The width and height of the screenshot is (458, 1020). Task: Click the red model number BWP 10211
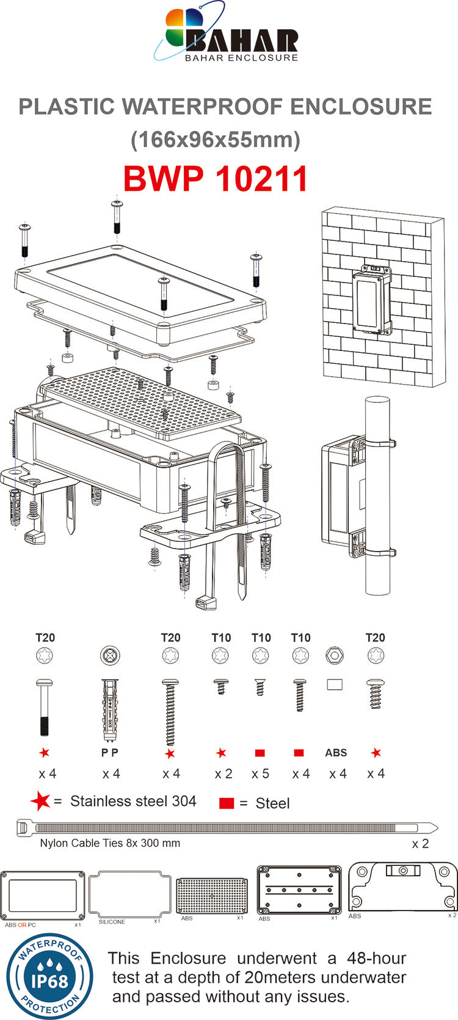pos(216,179)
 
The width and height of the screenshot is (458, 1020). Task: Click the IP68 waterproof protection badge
pos(49,977)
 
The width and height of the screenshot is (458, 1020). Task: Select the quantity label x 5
pos(260,774)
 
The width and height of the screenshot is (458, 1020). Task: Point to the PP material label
pos(110,753)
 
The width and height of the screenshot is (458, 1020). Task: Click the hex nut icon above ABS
pos(335,656)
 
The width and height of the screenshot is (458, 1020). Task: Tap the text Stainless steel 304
pos(133,801)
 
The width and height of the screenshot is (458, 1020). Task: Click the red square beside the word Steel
pos(227,803)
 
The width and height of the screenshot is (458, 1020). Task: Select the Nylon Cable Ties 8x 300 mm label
pos(110,843)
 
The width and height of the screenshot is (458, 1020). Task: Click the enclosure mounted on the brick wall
pos(371,301)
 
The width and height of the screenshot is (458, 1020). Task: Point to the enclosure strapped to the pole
pos(343,496)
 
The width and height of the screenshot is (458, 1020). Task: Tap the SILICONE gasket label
pos(112,922)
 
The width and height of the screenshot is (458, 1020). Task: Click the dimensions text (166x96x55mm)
pos(216,140)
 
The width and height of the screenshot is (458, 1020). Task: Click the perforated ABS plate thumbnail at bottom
pos(212,896)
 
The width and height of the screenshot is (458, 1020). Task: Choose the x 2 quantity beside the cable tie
pos(420,843)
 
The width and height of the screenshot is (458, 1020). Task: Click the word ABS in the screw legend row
pos(336,753)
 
